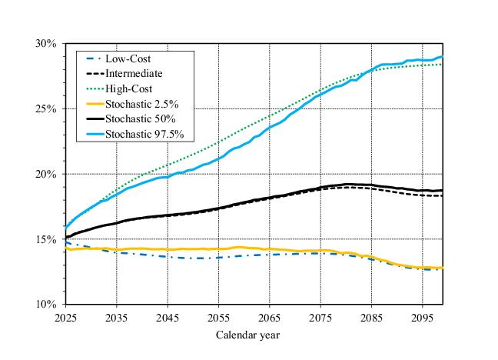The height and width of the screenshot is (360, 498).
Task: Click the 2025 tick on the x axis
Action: [x=66, y=316]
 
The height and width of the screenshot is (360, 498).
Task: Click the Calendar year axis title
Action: [x=247, y=335]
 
